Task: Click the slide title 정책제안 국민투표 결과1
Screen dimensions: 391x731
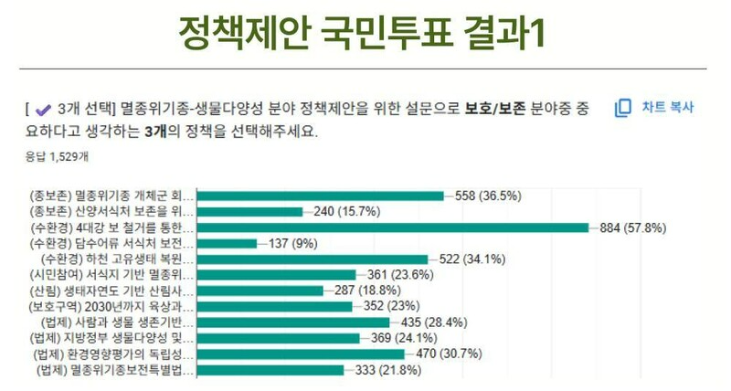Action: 365,35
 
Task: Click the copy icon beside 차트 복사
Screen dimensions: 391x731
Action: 623,108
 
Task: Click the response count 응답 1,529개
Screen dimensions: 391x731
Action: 57,156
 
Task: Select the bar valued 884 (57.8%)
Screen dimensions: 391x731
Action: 394,227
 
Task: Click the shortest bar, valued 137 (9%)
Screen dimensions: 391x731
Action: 228,243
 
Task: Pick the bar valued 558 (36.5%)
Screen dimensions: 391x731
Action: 321,195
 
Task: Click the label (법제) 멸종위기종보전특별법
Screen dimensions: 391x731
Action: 113,370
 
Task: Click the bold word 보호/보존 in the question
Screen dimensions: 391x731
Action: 494,109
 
